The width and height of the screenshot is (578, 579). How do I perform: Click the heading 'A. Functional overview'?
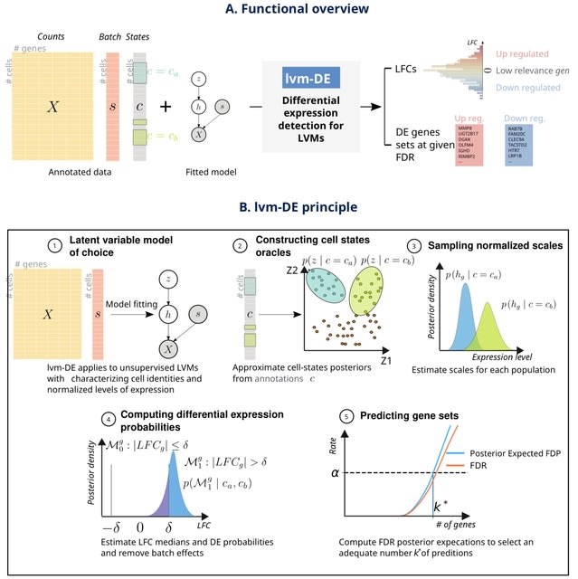click(289, 9)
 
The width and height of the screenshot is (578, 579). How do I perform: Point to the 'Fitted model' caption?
click(210, 170)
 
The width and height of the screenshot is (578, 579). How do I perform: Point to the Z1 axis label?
click(385, 361)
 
